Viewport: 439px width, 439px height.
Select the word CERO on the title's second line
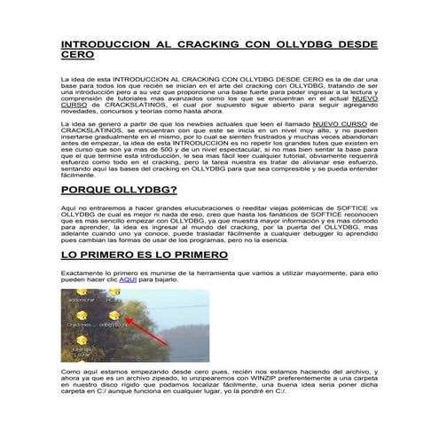(76, 54)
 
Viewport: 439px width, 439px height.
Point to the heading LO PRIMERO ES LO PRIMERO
(145, 255)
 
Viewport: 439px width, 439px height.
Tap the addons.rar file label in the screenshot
(81, 300)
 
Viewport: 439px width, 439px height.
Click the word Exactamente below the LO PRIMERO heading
(82, 272)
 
